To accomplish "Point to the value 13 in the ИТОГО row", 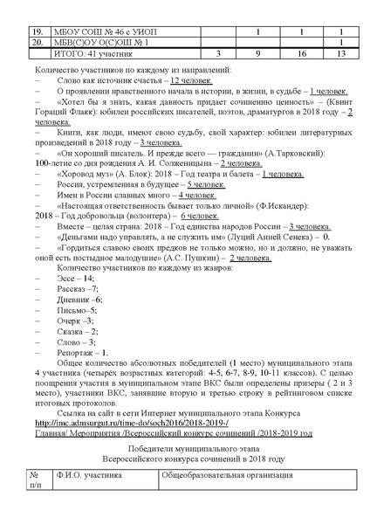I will click(x=340, y=53).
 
